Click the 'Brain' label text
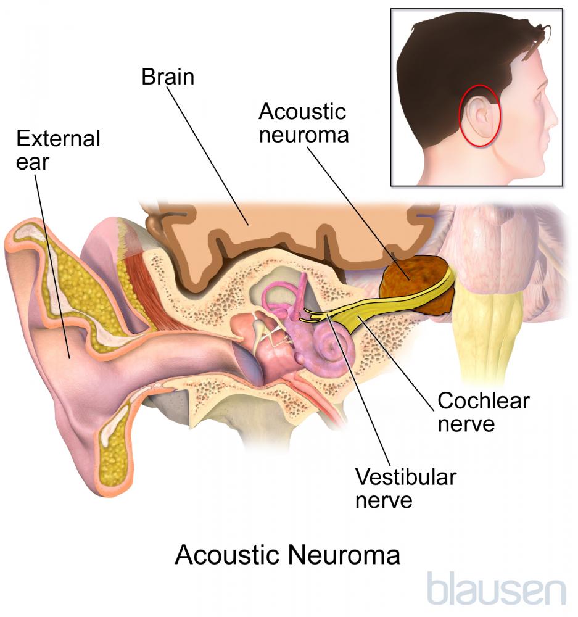[x=168, y=77]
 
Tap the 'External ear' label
[x=58, y=150]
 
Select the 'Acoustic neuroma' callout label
[x=303, y=123]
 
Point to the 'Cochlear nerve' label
[x=484, y=412]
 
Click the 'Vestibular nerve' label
[x=406, y=488]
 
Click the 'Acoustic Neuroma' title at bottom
[x=287, y=555]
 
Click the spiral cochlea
[x=331, y=348]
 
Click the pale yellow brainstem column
[x=486, y=334]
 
